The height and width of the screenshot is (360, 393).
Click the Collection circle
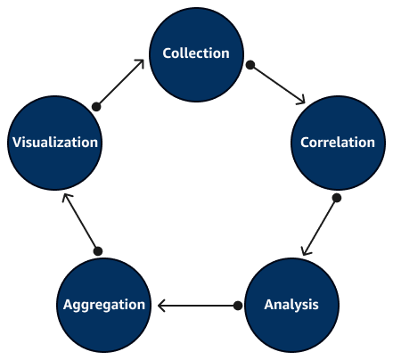(196, 53)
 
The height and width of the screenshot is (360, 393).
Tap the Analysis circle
(291, 305)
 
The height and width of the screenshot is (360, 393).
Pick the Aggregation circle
(103, 305)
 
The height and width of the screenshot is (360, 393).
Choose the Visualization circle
(53, 143)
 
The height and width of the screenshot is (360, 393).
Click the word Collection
(196, 53)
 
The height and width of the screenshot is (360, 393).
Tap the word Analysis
(291, 305)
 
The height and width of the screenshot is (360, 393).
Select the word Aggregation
(103, 305)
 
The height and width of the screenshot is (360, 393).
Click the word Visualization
(53, 143)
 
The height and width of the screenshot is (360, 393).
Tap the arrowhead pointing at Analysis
(306, 250)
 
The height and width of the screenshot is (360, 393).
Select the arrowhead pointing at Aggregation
(162, 306)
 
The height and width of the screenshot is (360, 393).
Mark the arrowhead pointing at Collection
(141, 64)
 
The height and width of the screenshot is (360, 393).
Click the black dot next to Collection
(250, 65)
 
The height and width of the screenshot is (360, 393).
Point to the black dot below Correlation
(336, 198)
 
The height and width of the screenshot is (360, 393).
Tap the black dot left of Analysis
(238, 306)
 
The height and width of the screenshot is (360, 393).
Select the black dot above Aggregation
(98, 251)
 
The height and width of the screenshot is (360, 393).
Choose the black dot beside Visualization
(97, 106)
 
